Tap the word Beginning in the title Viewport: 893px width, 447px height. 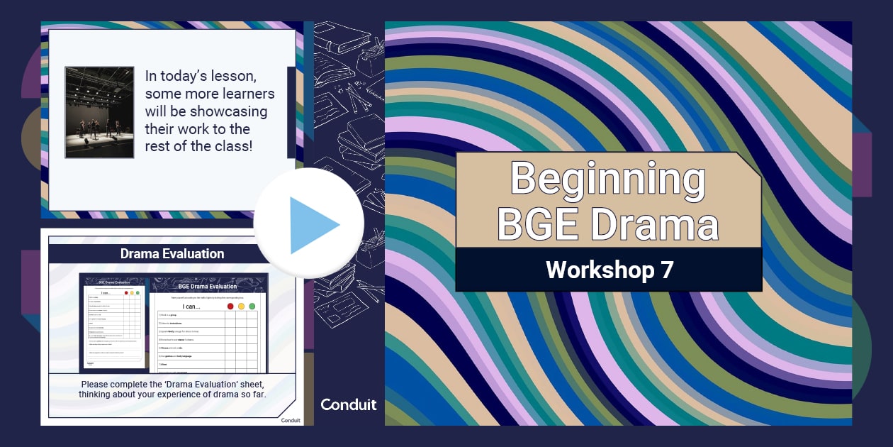tap(607, 180)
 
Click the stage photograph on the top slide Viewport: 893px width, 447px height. tap(99, 112)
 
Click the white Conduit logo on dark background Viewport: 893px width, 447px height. tap(349, 404)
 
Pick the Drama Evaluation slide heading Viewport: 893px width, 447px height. tap(172, 253)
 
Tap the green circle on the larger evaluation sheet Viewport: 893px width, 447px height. tap(252, 306)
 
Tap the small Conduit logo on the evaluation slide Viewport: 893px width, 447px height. tap(291, 419)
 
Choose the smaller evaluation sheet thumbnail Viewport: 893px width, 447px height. tap(114, 323)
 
